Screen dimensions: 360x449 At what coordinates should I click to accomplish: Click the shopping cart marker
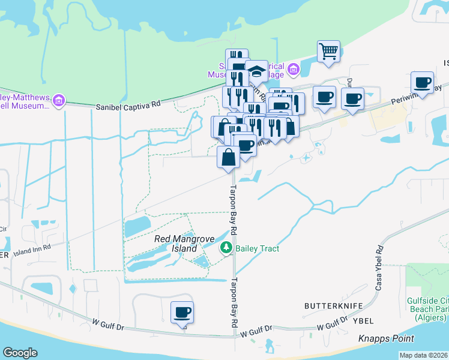tap(328, 51)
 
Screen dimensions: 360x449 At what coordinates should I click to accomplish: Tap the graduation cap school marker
tap(256, 71)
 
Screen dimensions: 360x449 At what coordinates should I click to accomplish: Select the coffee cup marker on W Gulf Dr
tap(182, 313)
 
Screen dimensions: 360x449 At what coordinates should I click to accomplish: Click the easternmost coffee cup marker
tap(422, 82)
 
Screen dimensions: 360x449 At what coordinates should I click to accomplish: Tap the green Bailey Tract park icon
tap(226, 248)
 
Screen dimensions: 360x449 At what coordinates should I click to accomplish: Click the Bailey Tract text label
tap(258, 248)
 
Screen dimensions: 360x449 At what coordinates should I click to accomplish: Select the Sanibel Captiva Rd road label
tap(128, 107)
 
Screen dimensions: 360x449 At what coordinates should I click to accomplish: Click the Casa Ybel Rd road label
tap(379, 269)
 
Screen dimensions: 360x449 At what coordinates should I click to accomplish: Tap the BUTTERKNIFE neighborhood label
tap(334, 306)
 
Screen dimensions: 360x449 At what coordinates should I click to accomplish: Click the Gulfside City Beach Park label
tap(427, 310)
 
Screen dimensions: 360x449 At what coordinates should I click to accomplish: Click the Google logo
tap(20, 352)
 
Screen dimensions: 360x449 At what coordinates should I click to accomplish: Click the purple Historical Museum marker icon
tap(293, 71)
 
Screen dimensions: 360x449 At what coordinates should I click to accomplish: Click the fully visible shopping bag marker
tap(229, 158)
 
